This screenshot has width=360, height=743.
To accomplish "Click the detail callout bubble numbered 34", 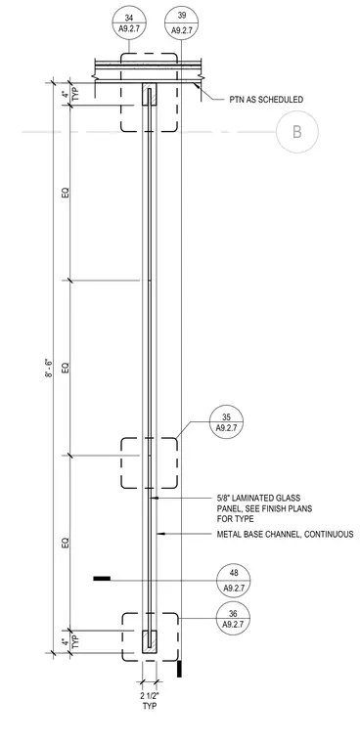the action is tap(129, 22).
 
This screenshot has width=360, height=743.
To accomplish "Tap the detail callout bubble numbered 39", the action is tap(181, 22).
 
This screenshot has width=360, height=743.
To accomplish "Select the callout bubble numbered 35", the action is tap(226, 422).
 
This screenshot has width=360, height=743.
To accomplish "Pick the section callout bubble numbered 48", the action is tap(234, 581).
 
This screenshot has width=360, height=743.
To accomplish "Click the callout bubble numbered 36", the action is tap(234, 619).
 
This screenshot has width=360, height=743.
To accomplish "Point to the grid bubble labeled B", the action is tap(297, 132).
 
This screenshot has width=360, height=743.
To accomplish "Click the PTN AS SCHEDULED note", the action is tap(263, 100).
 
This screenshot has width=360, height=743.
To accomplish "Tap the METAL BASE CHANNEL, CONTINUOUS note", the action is tap(285, 535).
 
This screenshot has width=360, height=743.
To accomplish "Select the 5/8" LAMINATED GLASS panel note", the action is tap(264, 508).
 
